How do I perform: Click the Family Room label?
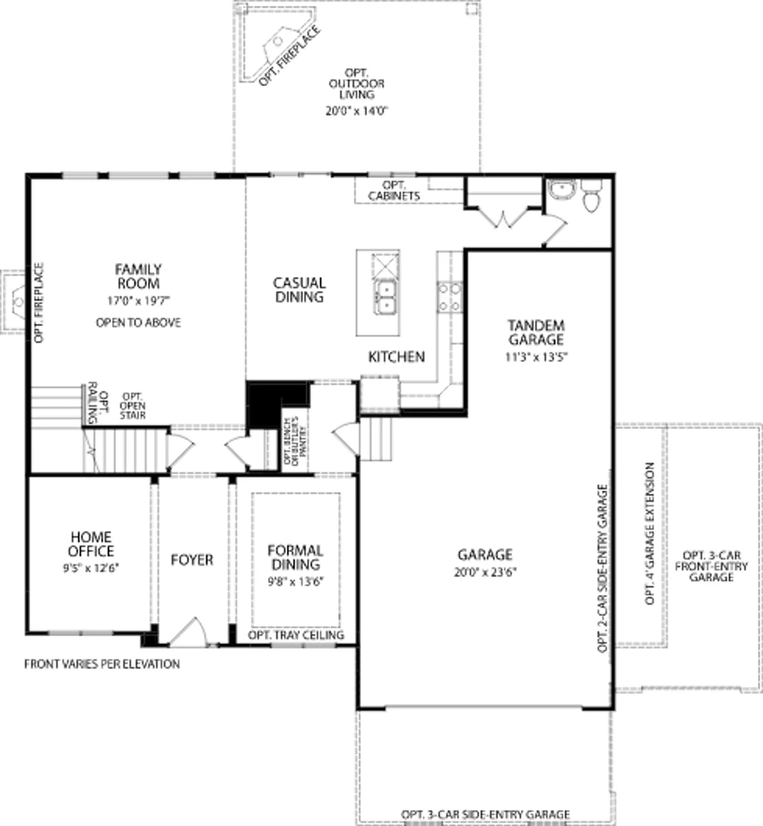(138, 276)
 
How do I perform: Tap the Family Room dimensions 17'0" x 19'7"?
(138, 301)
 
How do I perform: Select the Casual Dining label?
(299, 290)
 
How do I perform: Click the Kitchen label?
(396, 356)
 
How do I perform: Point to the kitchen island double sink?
(386, 297)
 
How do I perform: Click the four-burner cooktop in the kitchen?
(450, 297)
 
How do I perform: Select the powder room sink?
(562, 189)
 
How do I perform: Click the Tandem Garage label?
(536, 332)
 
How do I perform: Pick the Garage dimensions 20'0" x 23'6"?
(485, 572)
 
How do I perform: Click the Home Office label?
(91, 544)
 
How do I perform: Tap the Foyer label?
(192, 560)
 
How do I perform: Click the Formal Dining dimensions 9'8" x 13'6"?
(296, 582)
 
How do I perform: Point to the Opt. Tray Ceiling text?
(296, 635)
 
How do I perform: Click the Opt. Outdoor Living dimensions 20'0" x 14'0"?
(357, 111)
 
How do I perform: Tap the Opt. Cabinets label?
(394, 191)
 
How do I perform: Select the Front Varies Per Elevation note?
(102, 664)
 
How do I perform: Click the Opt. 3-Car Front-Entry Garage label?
(711, 566)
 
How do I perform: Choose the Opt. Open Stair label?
(133, 406)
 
